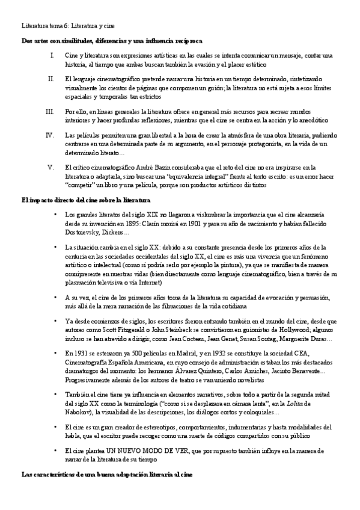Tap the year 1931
tap(78, 352)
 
